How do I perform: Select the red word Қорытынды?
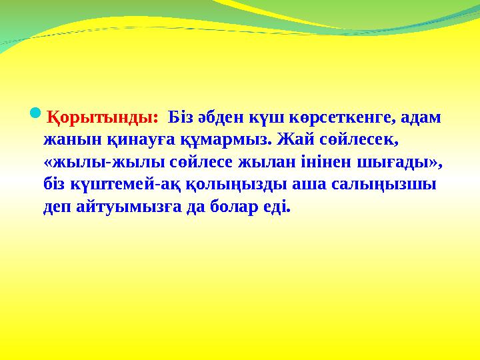(x=100, y=118)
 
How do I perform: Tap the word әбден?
(x=221, y=118)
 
